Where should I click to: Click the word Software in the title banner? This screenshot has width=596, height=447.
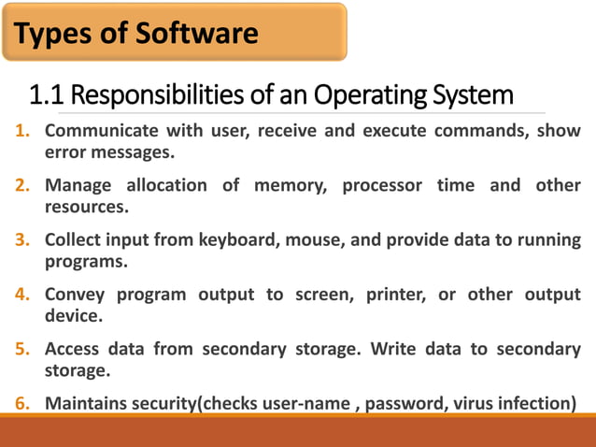click(197, 35)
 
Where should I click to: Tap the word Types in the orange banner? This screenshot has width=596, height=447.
click(50, 35)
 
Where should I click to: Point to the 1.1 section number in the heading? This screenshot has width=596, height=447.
click(46, 95)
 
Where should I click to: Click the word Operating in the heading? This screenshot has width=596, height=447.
click(367, 95)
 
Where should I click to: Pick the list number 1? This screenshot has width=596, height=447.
click(21, 131)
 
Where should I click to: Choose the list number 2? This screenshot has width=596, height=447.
click(21, 185)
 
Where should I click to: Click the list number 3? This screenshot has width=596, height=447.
click(21, 239)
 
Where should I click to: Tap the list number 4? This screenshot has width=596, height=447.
click(21, 295)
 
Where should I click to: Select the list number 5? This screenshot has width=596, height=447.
click(21, 349)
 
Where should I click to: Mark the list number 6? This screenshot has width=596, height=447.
click(21, 404)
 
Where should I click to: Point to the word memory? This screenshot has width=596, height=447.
click(291, 185)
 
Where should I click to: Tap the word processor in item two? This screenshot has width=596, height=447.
click(381, 185)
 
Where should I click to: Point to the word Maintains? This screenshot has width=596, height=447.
click(86, 404)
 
